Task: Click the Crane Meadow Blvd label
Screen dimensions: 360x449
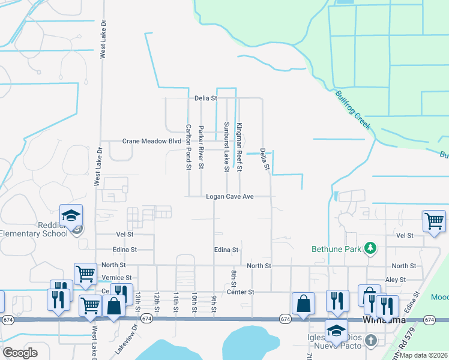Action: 152,141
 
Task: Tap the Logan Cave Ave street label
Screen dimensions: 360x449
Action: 231,196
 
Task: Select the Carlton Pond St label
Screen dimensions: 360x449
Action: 188,147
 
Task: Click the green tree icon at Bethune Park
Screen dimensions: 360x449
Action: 371,248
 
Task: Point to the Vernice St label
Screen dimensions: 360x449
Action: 116,278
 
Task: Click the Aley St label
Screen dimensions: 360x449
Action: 396,280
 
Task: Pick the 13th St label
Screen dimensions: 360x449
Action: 137,298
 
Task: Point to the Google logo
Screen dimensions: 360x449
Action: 20,353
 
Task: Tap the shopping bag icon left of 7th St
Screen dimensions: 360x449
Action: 304,304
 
